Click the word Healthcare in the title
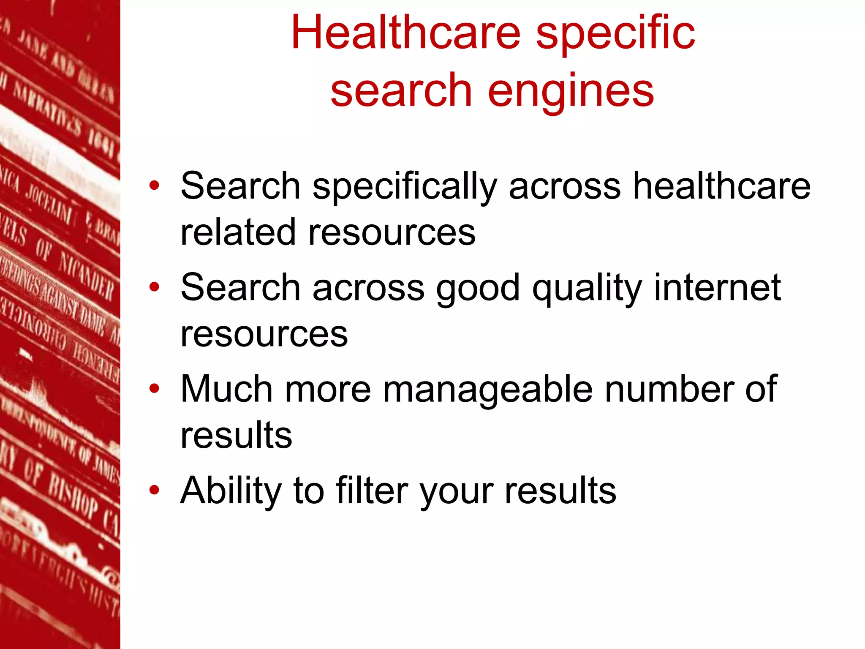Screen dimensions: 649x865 tap(405, 33)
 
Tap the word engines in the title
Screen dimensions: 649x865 tap(571, 90)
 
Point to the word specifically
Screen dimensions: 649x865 tap(405, 187)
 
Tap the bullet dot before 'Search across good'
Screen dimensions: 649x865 tap(155, 287)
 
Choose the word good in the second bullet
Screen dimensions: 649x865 tap(478, 289)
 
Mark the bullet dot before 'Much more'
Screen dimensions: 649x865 tap(155, 388)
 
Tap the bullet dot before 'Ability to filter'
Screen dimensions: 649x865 tap(155, 490)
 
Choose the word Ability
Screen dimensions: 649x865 tap(231, 491)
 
